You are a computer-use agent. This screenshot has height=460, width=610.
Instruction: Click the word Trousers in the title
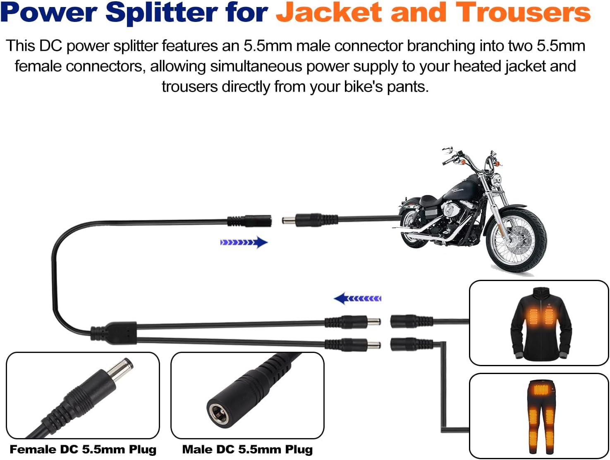tap(523, 12)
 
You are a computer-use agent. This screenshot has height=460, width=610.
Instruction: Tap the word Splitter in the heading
tap(161, 12)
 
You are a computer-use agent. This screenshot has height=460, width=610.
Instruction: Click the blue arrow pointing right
tap(244, 242)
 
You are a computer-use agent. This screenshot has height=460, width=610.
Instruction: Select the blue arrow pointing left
tap(357, 298)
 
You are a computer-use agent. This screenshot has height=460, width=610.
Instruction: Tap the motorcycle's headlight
tap(495, 180)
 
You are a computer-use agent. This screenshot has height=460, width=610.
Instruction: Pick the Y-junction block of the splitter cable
tap(114, 333)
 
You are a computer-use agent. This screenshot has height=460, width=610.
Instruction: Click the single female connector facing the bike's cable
tap(250, 221)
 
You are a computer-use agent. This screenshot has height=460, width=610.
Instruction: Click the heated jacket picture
tap(539, 323)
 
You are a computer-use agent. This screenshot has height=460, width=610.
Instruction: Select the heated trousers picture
tap(539, 415)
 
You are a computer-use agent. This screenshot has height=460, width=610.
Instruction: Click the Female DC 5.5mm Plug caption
tap(83, 449)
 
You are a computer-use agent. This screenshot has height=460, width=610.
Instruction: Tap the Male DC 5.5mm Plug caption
tap(247, 449)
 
